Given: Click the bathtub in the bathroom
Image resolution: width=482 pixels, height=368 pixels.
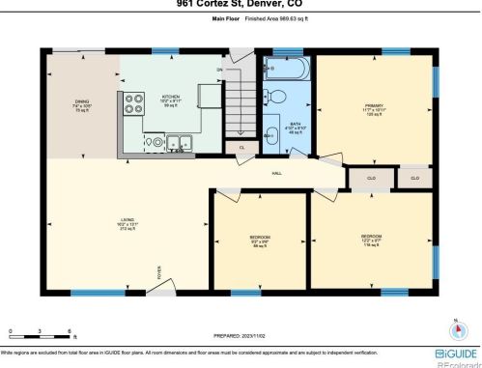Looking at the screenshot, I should [x=285, y=70].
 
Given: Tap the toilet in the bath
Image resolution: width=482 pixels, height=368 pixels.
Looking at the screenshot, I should [x=275, y=96].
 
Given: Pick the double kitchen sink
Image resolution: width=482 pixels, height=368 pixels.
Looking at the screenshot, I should [x=179, y=145].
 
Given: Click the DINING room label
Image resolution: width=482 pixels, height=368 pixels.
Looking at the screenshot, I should [x=82, y=105].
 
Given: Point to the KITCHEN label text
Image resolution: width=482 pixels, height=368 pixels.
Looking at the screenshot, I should [x=171, y=99].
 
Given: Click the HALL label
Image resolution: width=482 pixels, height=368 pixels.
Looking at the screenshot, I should [x=276, y=173].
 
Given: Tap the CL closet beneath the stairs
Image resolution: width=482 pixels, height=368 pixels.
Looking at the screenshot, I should [x=241, y=147].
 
